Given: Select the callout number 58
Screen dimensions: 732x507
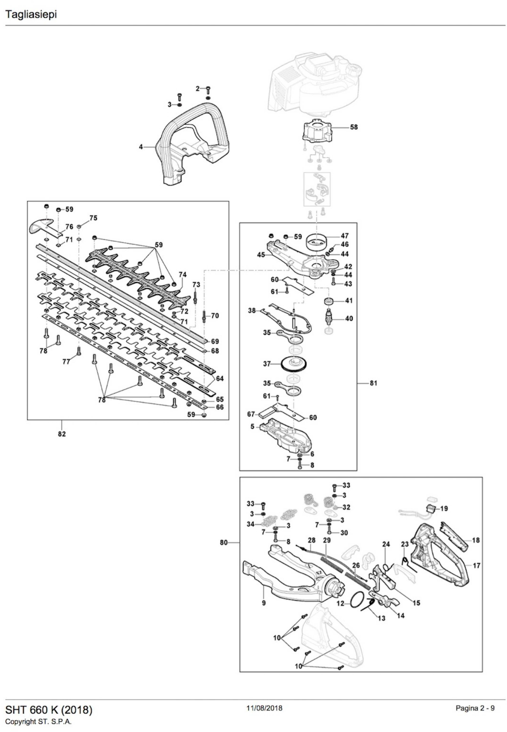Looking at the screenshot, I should pos(354,127).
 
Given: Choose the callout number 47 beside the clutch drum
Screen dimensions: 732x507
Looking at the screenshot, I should pos(345,236).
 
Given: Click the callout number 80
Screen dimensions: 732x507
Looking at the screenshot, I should pos(224,542).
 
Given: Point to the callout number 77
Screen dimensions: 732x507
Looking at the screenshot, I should pos(66,362).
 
